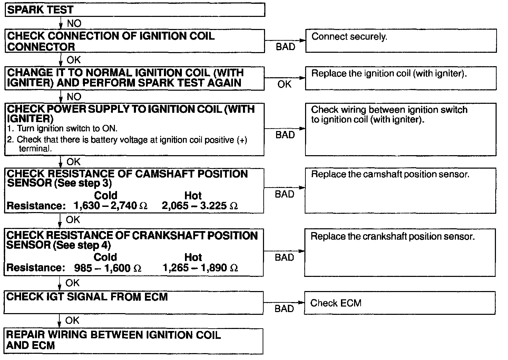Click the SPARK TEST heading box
click(x=135, y=10)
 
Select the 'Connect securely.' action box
click(x=401, y=41)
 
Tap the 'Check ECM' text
click(x=335, y=303)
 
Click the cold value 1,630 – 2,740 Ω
click(x=110, y=206)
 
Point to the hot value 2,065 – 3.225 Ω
click(x=200, y=206)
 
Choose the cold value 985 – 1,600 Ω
click(x=108, y=268)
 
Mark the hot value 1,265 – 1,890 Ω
click(x=200, y=268)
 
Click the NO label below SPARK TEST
click(x=74, y=23)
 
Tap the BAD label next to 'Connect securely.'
click(x=285, y=47)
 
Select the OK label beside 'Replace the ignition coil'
click(x=284, y=84)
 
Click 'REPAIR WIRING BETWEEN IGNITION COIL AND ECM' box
click(x=134, y=341)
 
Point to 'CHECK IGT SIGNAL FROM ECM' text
click(x=87, y=297)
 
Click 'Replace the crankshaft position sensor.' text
click(x=392, y=237)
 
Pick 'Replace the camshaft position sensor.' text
click(x=390, y=174)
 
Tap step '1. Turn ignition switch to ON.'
click(x=62, y=129)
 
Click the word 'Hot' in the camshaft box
click(x=193, y=196)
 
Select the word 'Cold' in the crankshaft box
click(x=105, y=257)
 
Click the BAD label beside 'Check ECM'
click(x=284, y=309)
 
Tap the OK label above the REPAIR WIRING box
click(x=72, y=320)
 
